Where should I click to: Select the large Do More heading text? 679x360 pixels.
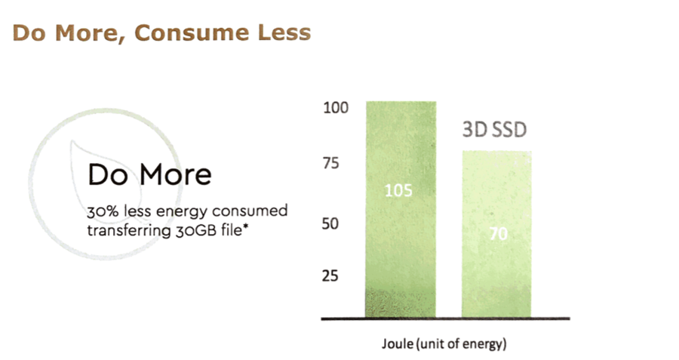(x=149, y=174)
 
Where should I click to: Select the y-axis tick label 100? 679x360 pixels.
(x=335, y=108)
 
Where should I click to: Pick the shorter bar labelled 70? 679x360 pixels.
(x=496, y=272)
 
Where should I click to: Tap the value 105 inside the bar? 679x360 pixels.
(x=398, y=190)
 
